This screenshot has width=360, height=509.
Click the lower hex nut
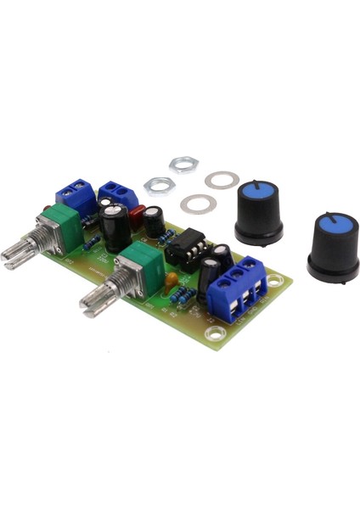tap(159, 184)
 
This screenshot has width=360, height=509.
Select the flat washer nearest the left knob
tap(222, 180)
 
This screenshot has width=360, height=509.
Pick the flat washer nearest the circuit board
tap(198, 203)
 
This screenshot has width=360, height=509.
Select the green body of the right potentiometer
tap(142, 262)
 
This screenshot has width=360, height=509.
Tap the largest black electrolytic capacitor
tap(116, 227)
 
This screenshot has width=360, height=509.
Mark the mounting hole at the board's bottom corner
tap(216, 334)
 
